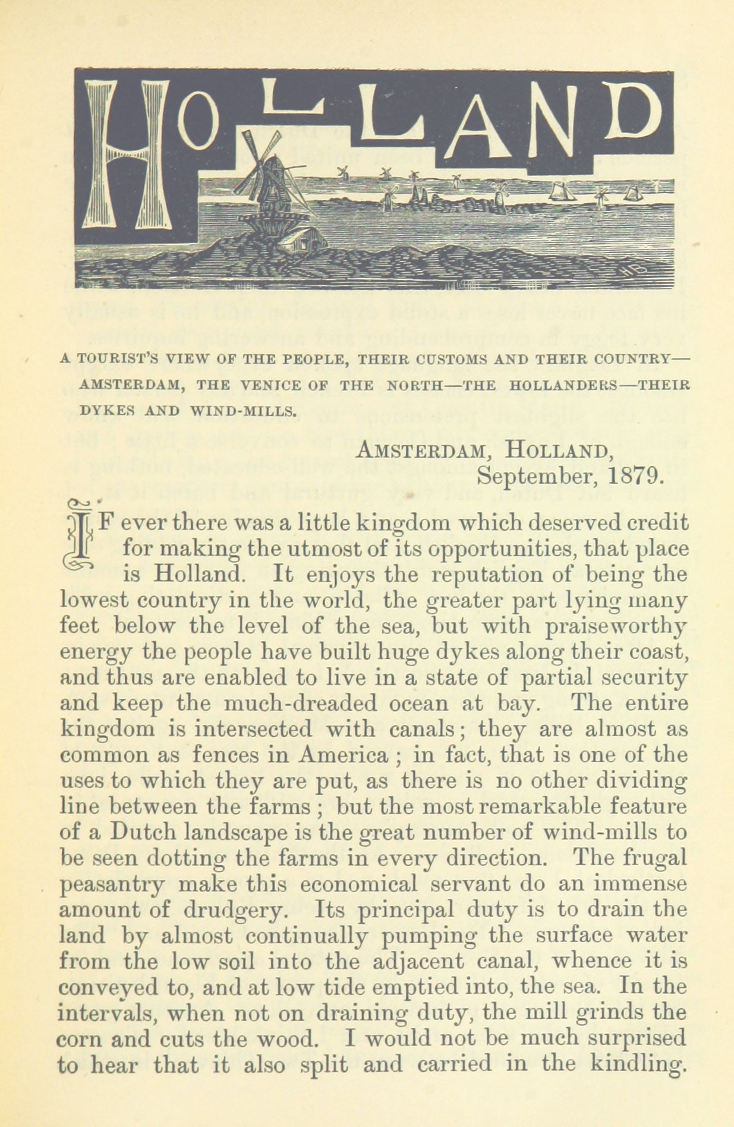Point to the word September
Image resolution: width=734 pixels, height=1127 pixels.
coord(535,477)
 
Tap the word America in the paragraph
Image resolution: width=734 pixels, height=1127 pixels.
coord(343,754)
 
